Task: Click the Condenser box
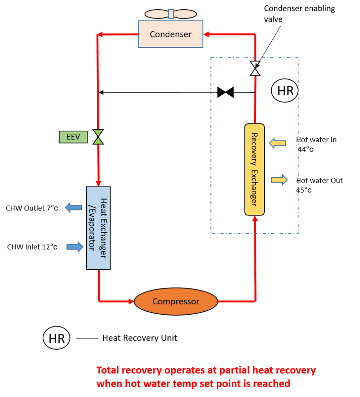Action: [x=171, y=35]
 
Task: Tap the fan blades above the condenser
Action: [x=171, y=14]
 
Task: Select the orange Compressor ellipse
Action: [x=176, y=301]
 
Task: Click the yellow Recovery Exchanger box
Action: [x=254, y=169]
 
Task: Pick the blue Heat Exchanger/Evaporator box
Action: [x=98, y=228]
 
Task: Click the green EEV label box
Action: [x=73, y=137]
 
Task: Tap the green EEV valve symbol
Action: [x=98, y=137]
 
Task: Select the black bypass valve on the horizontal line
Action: [x=226, y=92]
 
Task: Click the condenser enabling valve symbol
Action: [x=255, y=68]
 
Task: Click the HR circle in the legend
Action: [x=57, y=338]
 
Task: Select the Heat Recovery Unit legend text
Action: [x=140, y=338]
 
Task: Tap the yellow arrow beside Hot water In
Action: [x=277, y=143]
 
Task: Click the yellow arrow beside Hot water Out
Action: [x=279, y=180]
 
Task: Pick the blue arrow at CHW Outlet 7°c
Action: [x=74, y=208]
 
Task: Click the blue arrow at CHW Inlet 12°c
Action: [x=75, y=247]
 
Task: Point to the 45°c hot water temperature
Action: [x=304, y=190]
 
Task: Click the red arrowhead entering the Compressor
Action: [x=130, y=301]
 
